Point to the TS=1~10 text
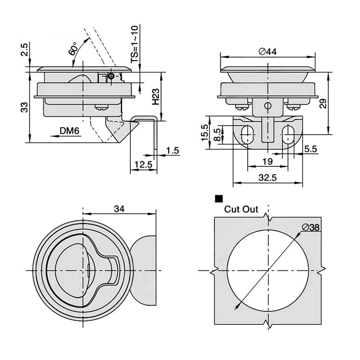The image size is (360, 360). click(x=134, y=45)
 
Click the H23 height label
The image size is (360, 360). click(x=155, y=97)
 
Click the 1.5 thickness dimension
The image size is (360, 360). click(x=173, y=151)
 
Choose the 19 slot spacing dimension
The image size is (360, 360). click(x=267, y=162)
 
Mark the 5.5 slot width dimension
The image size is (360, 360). click(x=310, y=149)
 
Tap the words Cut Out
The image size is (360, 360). click(x=241, y=209)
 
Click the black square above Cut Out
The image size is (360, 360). click(x=218, y=199)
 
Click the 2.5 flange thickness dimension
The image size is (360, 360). click(x=24, y=50)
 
